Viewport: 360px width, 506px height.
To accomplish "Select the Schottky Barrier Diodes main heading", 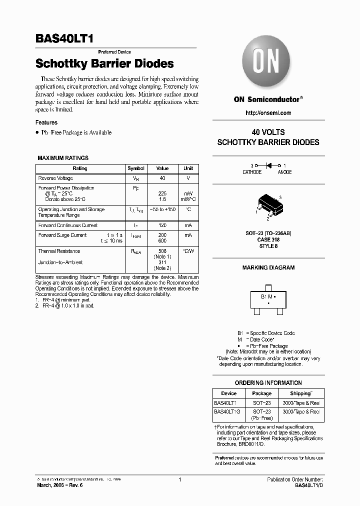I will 104,64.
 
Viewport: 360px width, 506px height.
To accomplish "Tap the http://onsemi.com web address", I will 268,113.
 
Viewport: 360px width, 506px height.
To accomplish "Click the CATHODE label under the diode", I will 252,172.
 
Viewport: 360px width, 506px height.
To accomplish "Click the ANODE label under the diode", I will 284,172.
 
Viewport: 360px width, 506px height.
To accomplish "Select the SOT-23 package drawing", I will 268,205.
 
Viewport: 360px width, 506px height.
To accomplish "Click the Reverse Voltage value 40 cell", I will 162,178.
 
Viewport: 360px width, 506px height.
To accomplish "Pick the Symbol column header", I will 136,168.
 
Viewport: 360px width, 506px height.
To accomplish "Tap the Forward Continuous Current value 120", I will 162,225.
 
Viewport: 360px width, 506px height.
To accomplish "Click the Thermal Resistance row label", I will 59,251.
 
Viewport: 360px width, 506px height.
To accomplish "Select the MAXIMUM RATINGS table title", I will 63,158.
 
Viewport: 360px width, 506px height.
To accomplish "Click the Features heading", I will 46,122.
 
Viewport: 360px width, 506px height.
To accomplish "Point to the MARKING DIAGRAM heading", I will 268,268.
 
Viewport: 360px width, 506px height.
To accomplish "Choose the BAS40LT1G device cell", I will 227,411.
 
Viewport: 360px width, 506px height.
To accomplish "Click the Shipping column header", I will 300,393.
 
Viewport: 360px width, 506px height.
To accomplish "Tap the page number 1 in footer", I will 179,479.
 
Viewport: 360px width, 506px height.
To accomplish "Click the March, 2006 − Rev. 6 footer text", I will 59,485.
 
